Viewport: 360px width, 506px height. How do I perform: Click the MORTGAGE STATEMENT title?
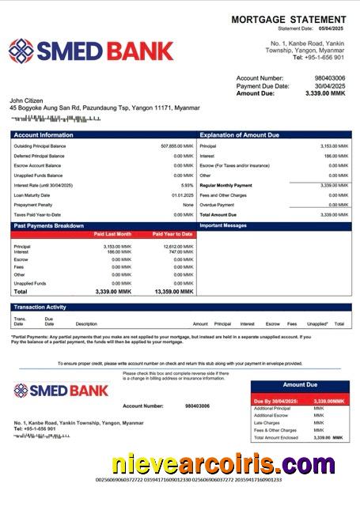[288, 19]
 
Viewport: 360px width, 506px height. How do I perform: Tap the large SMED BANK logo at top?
[91, 51]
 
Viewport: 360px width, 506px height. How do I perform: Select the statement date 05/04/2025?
[333, 28]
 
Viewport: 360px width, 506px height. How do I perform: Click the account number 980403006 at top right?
[330, 78]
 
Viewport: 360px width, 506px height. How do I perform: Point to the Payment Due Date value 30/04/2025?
[330, 86]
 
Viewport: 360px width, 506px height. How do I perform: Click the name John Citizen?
[28, 100]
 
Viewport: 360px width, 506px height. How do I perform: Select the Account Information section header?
[44, 135]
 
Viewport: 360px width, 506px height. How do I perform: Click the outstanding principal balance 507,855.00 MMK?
[176, 146]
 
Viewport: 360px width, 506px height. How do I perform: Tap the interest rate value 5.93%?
[187, 185]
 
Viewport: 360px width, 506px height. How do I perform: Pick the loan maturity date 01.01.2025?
[182, 195]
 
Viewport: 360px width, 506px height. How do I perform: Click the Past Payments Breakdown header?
[48, 226]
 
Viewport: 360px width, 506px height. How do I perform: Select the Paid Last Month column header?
[112, 235]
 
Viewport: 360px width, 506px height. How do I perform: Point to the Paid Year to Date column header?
[172, 235]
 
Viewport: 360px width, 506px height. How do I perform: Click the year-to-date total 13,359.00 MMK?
[174, 292]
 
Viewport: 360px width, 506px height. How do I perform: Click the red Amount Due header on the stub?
[300, 385]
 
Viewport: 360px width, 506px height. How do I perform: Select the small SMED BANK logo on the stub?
[61, 391]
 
